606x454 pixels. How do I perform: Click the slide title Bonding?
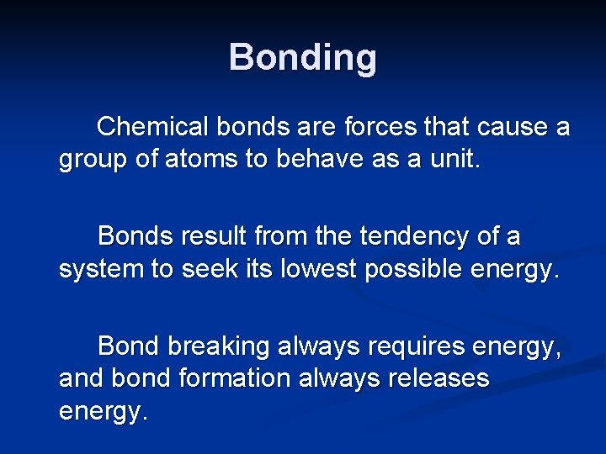point(302,58)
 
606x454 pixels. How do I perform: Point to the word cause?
point(505,127)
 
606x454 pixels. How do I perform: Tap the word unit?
point(454,160)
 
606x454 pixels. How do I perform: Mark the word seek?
point(228,269)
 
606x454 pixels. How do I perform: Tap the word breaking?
point(221,346)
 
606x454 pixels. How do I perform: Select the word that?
point(448,127)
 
